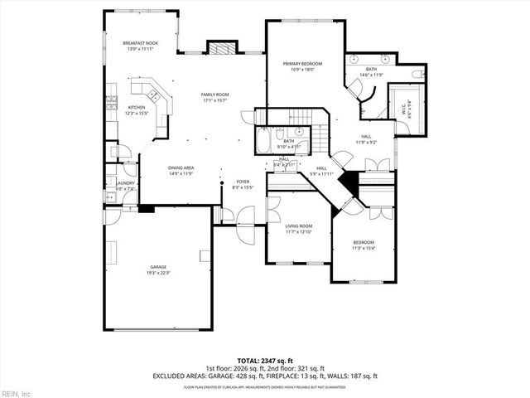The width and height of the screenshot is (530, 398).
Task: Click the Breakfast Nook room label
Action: (139, 46)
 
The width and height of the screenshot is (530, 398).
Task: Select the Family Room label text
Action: (214, 98)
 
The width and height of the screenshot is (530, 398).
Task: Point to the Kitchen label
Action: (136, 111)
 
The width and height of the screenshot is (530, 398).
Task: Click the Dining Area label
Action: (181, 171)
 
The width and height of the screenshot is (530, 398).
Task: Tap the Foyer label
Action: (243, 185)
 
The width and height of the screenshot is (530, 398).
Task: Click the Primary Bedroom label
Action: (302, 67)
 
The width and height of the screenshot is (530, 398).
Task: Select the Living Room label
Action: (299, 229)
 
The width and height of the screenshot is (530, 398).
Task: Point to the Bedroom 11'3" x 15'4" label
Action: (364, 245)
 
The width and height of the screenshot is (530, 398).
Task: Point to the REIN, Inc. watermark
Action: (17, 392)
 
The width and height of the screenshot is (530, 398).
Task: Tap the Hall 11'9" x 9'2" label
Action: (367, 138)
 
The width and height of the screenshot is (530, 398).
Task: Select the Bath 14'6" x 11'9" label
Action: (371, 72)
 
